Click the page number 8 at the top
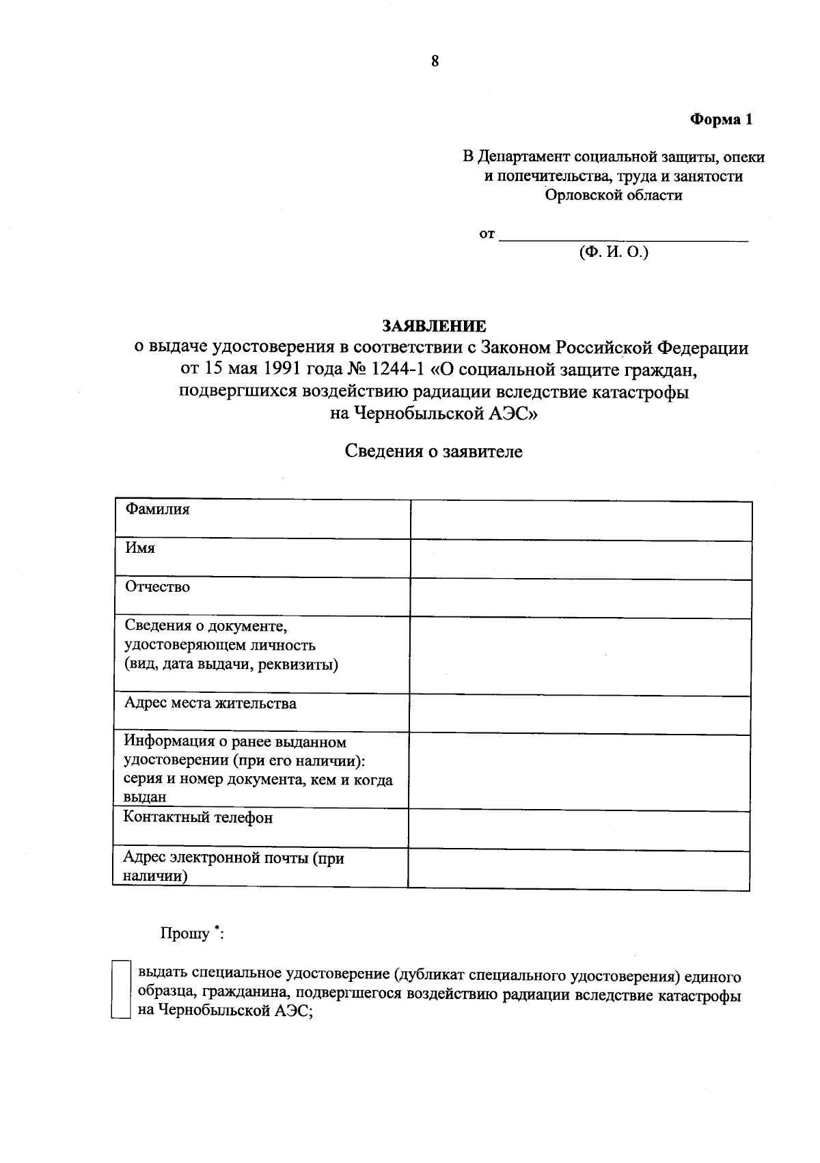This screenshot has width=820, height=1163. [435, 61]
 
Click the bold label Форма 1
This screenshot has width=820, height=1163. [720, 120]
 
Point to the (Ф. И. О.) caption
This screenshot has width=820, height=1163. [613, 252]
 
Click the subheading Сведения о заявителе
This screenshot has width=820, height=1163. [433, 452]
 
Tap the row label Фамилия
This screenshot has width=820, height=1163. [157, 510]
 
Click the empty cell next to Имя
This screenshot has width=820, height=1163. [580, 560]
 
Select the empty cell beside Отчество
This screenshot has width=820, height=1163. [580, 599]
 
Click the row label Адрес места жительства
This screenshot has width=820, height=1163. [210, 704]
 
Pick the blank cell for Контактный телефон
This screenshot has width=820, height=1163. [579, 831]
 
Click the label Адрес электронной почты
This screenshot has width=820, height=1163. [232, 858]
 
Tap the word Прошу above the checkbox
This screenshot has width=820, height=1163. [185, 933]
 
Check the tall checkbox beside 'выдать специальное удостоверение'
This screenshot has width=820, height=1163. [120, 989]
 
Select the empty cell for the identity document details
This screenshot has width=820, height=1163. [580, 657]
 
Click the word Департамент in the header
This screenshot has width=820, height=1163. [521, 157]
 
